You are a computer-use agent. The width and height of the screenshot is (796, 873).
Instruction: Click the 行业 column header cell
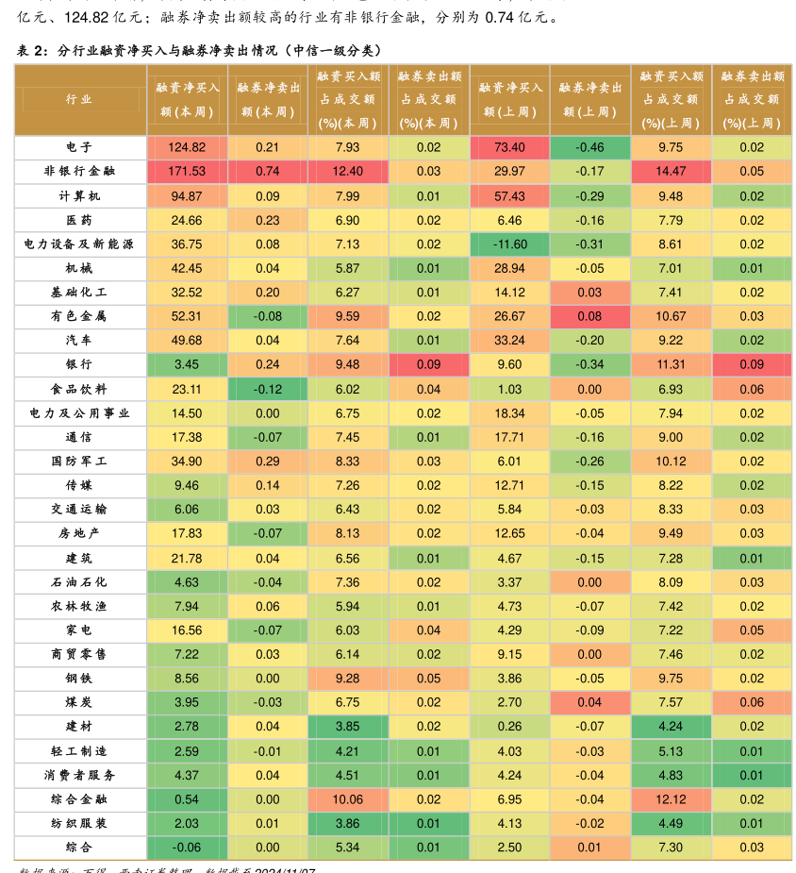click(x=79, y=99)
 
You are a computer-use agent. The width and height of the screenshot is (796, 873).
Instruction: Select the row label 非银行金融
click(x=79, y=171)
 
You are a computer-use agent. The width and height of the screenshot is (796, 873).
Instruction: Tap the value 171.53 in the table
click(x=187, y=171)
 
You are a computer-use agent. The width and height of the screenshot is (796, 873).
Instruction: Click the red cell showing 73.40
click(x=509, y=147)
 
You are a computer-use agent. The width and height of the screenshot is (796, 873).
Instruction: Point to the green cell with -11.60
click(x=509, y=243)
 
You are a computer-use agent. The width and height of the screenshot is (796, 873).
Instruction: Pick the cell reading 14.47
click(x=671, y=171)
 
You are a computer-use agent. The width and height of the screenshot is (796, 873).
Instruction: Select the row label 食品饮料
click(x=79, y=389)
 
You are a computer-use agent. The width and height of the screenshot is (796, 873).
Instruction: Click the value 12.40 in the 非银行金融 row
click(x=348, y=171)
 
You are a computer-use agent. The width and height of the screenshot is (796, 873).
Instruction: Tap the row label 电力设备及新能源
click(x=79, y=243)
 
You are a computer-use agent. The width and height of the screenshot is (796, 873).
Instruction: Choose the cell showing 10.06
click(x=348, y=799)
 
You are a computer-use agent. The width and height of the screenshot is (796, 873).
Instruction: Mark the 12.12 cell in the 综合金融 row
click(x=671, y=799)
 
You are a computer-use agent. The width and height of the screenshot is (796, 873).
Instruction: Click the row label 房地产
click(x=79, y=533)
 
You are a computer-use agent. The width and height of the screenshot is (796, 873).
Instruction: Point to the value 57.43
click(x=509, y=196)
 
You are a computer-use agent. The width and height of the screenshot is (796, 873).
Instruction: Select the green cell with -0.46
click(x=590, y=147)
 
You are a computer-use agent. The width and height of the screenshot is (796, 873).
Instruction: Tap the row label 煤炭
click(x=79, y=702)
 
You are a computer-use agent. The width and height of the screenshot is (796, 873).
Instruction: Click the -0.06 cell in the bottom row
click(x=187, y=848)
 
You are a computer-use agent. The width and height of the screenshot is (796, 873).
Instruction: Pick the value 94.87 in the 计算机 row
click(x=187, y=196)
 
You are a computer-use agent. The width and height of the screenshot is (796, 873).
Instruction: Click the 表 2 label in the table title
click(x=32, y=51)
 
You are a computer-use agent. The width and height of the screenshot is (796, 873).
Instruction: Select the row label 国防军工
click(x=79, y=462)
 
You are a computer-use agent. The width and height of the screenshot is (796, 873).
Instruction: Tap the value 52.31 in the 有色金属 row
click(x=187, y=316)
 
